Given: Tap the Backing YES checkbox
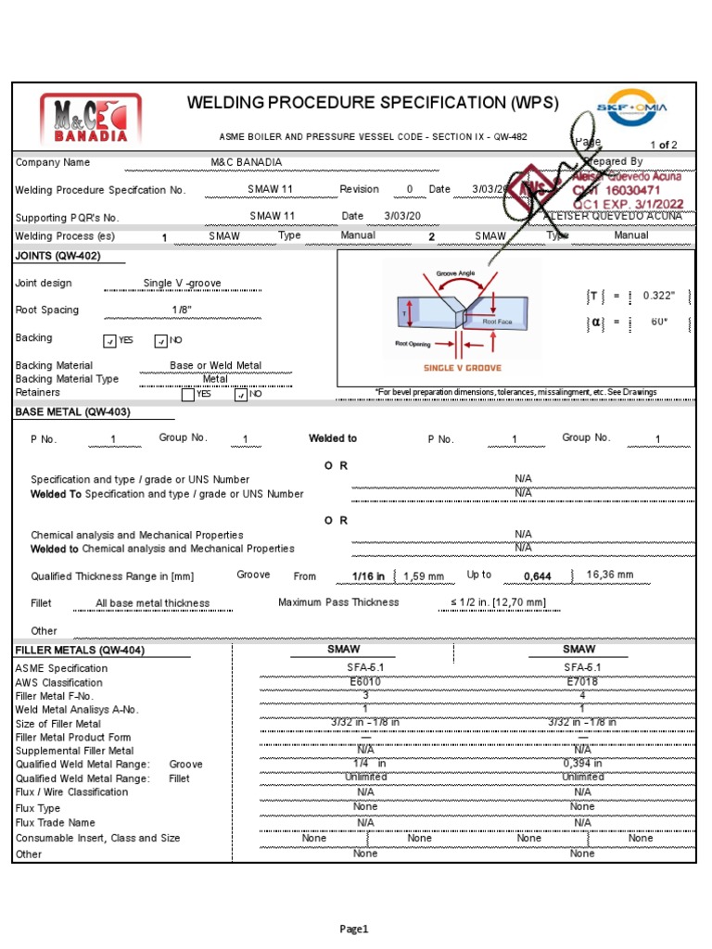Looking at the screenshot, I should coord(110,340).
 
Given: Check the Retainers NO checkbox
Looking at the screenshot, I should coord(241,394).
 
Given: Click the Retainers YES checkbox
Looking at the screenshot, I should coord(188,394).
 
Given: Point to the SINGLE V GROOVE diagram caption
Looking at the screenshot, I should coord(462,368).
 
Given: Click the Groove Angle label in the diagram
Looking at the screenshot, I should coord(455,274).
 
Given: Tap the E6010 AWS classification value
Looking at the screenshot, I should coord(365,681).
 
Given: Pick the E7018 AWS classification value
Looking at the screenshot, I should coord(582,681).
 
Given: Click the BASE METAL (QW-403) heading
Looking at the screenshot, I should coord(73,411).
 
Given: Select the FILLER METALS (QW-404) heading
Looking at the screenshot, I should coord(80,651).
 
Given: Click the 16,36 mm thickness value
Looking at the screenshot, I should coord(611,575).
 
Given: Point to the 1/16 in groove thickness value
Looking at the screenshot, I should coord(368,576).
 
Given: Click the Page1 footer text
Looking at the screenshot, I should coord(354,929).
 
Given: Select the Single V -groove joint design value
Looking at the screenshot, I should coord(182,284).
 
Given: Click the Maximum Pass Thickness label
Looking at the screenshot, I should coord(338,602).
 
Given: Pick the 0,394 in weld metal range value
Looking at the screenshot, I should coord(582,764).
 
